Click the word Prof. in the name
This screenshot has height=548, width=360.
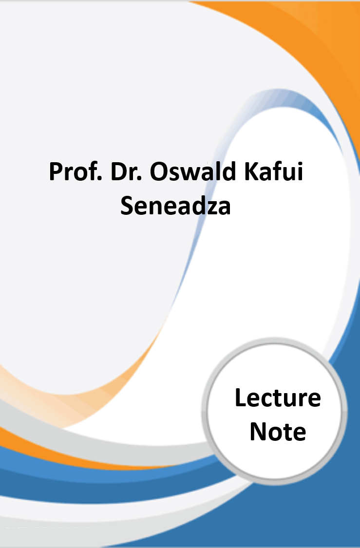[76, 171]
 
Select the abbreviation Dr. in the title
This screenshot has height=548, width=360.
[126, 171]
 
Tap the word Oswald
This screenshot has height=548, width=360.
[193, 171]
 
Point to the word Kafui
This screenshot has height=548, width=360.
[273, 171]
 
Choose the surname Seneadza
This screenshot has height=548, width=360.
[175, 205]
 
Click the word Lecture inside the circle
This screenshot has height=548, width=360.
[278, 397]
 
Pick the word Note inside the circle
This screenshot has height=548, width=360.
[278, 431]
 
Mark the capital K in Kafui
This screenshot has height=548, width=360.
[252, 172]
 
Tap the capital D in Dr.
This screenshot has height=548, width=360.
[119, 172]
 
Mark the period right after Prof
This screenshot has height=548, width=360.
[99, 179]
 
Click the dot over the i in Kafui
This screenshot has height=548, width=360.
[300, 164]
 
